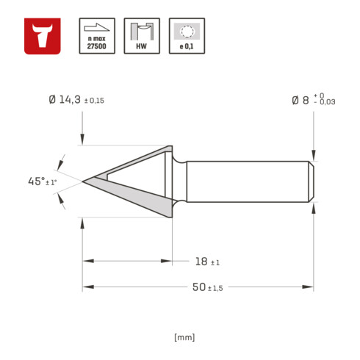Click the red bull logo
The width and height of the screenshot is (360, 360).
[x=43, y=36]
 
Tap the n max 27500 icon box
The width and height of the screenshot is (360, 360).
[x=97, y=36]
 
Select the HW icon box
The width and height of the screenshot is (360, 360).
[x=142, y=36]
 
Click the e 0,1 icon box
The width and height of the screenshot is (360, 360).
[x=187, y=36]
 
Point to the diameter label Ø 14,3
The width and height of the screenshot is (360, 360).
[x=65, y=100]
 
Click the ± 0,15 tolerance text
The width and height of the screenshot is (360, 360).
[x=94, y=101]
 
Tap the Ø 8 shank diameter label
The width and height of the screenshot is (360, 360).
[x=300, y=100]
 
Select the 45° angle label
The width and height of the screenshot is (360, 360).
[x=36, y=181]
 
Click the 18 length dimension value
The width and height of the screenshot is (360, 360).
[x=201, y=262]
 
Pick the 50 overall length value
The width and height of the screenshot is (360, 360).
[x=199, y=287]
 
